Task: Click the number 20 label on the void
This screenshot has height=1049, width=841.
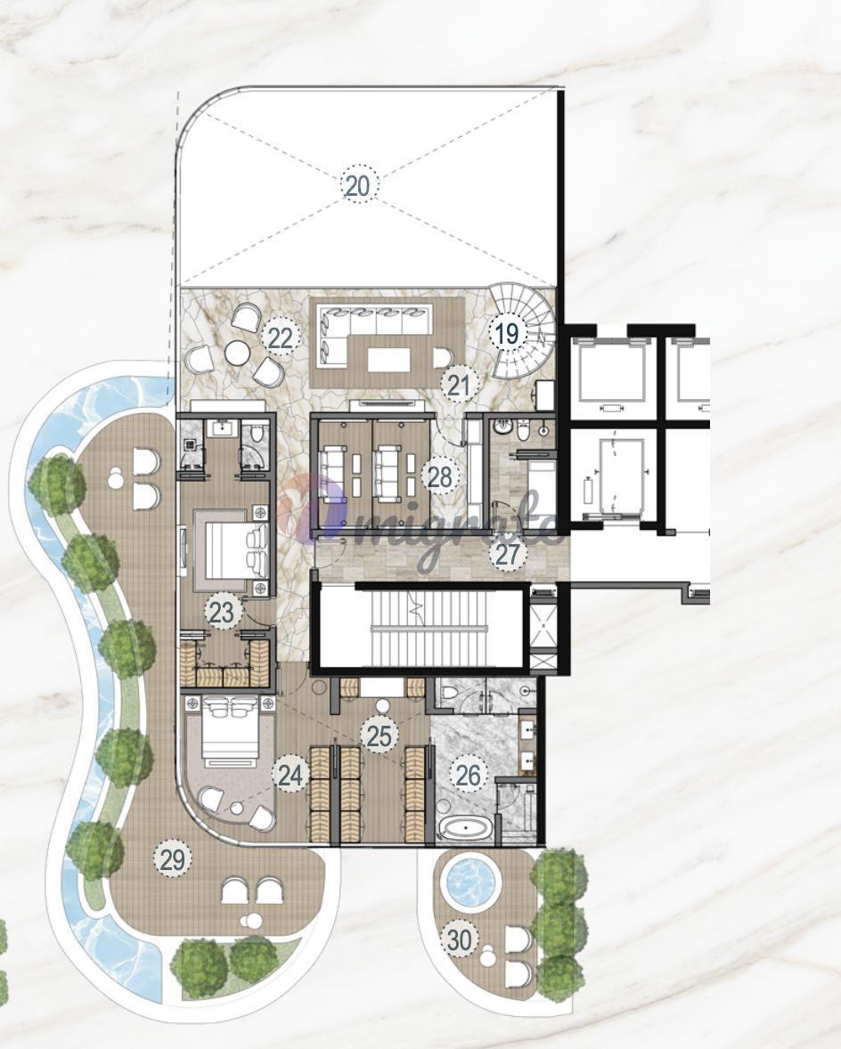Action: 359,185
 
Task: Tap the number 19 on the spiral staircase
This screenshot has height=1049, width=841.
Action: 507,332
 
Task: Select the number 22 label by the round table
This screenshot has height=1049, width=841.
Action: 281,337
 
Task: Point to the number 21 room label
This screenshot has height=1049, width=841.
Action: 460,386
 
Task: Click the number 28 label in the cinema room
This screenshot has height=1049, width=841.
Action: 440,477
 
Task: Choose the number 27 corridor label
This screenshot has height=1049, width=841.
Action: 509,554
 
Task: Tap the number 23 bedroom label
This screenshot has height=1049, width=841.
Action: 222,612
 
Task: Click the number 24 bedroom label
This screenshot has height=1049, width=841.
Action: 290,775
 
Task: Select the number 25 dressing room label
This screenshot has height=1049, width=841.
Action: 380,736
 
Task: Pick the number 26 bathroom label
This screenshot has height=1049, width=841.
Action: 468,775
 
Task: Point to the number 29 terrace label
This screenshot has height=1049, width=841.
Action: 173,859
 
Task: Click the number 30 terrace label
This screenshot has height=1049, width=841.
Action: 460,940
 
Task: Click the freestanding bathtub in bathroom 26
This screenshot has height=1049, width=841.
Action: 466,830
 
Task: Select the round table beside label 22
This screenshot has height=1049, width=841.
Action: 237,352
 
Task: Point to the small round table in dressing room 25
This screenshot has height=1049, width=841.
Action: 382,706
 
